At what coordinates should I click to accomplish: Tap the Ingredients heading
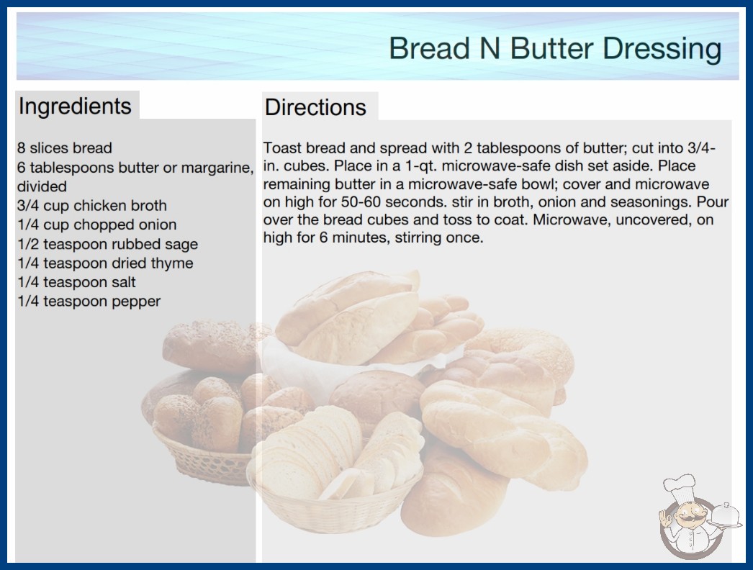[x=75, y=107]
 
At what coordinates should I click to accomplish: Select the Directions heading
[x=315, y=107]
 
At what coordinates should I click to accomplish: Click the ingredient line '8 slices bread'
[x=64, y=148]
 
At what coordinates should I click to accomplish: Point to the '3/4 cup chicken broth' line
[x=91, y=206]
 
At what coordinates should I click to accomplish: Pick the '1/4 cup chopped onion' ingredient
[x=97, y=225]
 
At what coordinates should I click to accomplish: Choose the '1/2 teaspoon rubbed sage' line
[x=107, y=244]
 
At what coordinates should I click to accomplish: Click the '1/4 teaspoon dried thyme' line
[x=105, y=263]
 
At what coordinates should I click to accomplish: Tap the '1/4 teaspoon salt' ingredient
[x=76, y=282]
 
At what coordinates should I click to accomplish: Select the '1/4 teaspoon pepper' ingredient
[x=89, y=302]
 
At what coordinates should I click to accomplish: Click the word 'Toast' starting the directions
[x=282, y=148]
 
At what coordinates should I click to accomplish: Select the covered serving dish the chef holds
[x=725, y=516]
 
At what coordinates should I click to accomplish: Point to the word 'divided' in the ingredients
[x=42, y=186]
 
